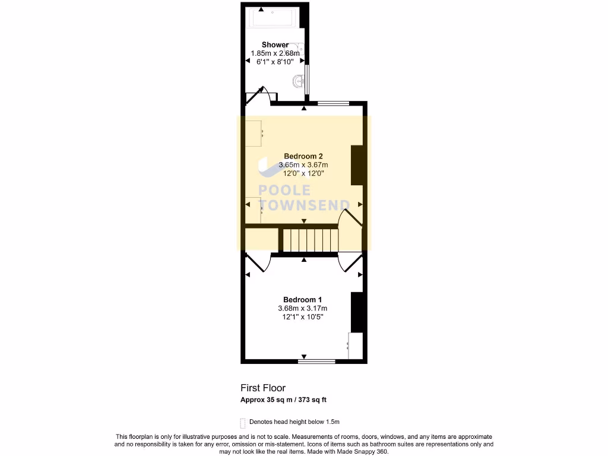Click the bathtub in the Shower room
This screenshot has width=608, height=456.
pos(274,17)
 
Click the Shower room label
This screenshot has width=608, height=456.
pos(275,45)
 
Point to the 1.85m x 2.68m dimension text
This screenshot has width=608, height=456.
pos(275,53)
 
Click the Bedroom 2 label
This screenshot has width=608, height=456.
pos(303,157)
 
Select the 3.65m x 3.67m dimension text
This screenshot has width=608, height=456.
pos(303,165)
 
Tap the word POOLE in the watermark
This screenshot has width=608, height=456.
pos(284,191)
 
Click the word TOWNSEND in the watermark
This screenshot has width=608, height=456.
pos(304,205)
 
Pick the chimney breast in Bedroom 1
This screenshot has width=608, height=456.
pos(356,312)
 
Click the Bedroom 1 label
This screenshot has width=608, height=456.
pos(302,300)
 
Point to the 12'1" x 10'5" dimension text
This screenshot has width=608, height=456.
pos(302,317)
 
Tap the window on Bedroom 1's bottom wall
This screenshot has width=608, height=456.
pos(316,360)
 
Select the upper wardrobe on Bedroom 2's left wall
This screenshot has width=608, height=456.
pos(254,134)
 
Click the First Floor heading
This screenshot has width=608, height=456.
pos(262,388)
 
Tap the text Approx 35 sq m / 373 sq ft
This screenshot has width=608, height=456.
pos(283,400)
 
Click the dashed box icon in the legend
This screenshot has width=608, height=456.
pos(242,423)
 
